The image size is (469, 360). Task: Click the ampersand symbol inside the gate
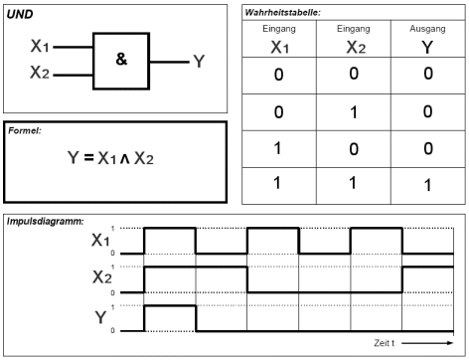coord(121,59)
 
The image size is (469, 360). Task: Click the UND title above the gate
coord(20,14)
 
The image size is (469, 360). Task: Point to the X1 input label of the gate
coord(40,46)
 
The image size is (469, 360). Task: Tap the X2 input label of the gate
coord(40,73)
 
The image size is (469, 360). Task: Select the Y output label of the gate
coord(199,62)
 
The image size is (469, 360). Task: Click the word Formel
coord(25,130)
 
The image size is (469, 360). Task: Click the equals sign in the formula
coord(88,157)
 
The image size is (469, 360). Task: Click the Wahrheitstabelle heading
coord(282,13)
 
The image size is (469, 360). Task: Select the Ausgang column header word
coord(427,29)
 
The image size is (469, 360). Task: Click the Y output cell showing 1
coord(428,185)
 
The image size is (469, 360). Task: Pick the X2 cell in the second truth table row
coord(354,112)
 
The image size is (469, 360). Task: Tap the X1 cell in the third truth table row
coord(278,148)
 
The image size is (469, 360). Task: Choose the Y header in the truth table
coord(427,47)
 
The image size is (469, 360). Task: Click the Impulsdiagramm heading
coord(46,221)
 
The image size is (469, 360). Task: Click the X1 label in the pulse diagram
coord(100,240)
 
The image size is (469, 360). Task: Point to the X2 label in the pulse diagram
coord(102,277)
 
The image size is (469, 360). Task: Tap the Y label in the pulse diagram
coord(100,317)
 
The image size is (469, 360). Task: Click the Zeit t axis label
coord(385,343)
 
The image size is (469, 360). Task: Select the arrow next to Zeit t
coord(427,343)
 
